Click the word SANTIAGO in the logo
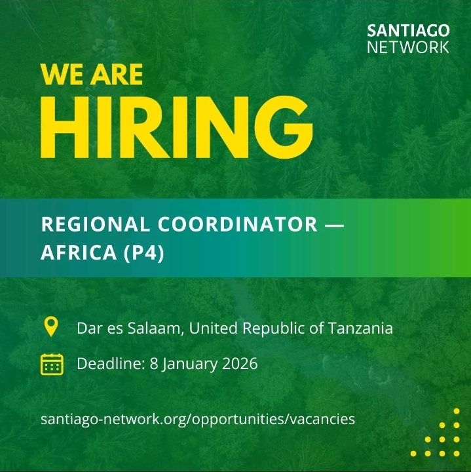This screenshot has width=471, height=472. pos(408,31)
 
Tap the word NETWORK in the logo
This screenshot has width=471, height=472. pos(408,47)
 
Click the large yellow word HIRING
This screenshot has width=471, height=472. pos(176,128)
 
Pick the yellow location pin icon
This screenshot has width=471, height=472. pos(50,326)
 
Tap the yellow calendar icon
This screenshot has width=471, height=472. pos(51,363)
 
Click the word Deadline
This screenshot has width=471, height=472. pos(106,363)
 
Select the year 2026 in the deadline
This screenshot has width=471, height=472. pos(238,363)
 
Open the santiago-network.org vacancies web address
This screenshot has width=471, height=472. pos(197,418)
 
